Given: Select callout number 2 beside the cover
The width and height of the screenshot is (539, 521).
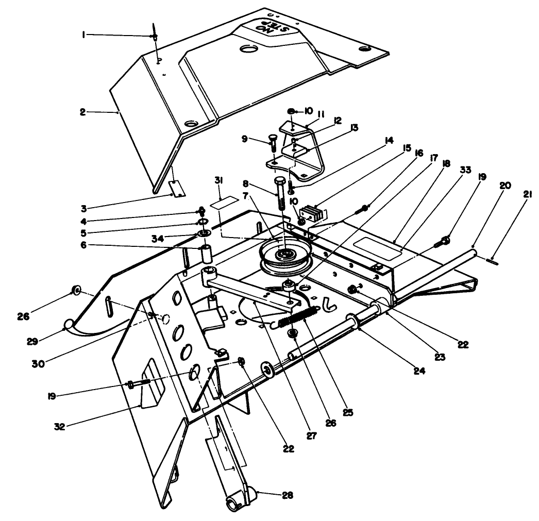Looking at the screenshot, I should coord(83,111).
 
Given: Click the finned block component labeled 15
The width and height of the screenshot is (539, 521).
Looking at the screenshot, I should coord(313,213).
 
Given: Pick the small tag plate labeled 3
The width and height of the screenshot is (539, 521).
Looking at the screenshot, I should coord(177,188).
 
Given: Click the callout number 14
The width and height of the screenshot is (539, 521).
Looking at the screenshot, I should coord(389,140).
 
